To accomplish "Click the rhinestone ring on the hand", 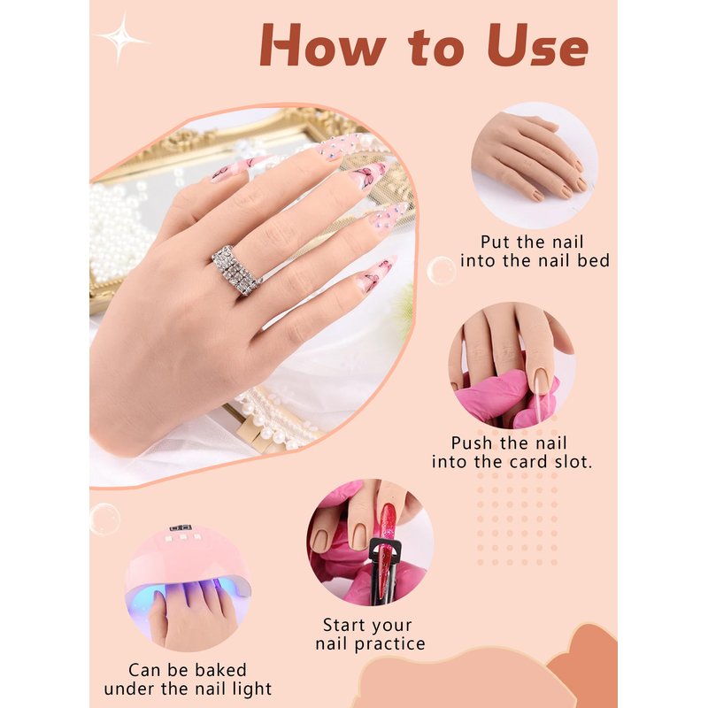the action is [x=236, y=271].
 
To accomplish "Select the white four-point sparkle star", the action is [x=121, y=39].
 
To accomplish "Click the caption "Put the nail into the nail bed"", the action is [x=535, y=251].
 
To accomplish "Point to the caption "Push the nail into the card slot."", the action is [x=512, y=452].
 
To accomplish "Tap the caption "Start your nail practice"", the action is [x=370, y=635].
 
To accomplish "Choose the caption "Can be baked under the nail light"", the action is [x=188, y=680].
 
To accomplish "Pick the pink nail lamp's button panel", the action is [x=183, y=536].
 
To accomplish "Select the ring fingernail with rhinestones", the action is [x=385, y=218].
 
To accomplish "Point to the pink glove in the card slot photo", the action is [x=505, y=397].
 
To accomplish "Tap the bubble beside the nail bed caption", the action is [x=441, y=270].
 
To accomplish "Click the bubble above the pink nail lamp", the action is [x=104, y=519].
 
